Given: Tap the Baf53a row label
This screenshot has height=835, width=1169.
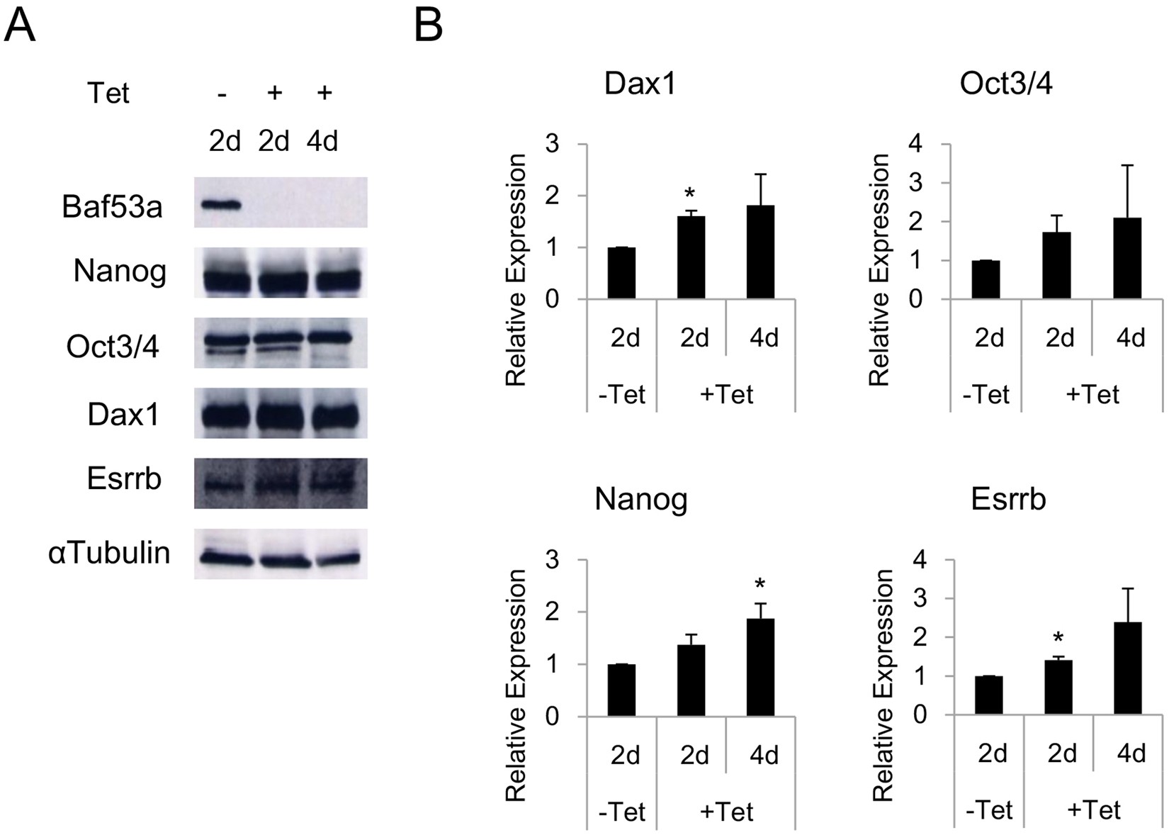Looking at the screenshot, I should (x=112, y=207).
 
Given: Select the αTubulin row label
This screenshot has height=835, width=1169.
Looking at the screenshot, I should (x=110, y=553).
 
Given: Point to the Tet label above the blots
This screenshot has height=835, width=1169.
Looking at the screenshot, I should (x=108, y=93).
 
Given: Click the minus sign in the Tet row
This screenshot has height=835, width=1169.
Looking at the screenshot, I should (x=222, y=93).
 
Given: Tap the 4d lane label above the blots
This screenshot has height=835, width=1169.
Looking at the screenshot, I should (x=322, y=141).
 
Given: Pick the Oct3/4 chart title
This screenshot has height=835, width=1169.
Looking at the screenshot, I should (x=1005, y=84).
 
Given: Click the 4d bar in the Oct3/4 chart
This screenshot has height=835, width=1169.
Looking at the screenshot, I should (x=1126, y=258).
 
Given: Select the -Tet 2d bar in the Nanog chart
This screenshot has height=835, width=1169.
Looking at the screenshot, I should (x=621, y=690).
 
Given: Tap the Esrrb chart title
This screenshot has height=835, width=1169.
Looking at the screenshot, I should (x=1008, y=500).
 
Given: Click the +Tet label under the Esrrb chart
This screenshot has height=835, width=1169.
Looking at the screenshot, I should (x=1093, y=809).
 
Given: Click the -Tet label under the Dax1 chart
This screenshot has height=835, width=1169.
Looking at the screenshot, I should (x=621, y=393).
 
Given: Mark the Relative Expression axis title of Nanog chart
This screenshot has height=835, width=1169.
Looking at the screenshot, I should (x=516, y=685).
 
